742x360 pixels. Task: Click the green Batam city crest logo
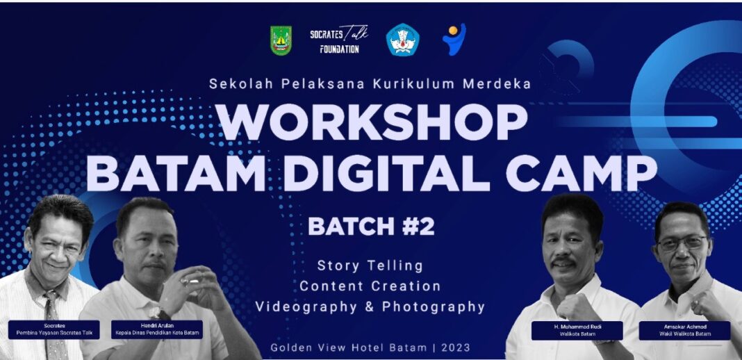[x=281, y=41]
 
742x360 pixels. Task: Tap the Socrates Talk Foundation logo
[x=339, y=39]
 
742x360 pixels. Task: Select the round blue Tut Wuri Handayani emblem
[x=402, y=40]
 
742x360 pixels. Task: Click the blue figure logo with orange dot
[x=454, y=39]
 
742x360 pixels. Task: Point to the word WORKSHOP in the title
[x=372, y=122]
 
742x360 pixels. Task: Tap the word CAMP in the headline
[x=582, y=173]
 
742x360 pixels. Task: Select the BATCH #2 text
[x=372, y=226]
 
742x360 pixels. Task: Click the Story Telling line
[x=370, y=266]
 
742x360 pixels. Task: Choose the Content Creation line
[x=370, y=286]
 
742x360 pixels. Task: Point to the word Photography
[x=434, y=307]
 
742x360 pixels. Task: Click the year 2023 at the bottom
[x=456, y=347]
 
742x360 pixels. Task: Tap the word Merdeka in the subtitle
[x=497, y=83]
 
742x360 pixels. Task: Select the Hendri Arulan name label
[x=157, y=329]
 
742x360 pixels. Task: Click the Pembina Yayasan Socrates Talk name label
[x=54, y=329]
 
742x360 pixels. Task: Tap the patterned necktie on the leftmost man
[x=54, y=327]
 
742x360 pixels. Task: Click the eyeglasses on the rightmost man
[x=682, y=244]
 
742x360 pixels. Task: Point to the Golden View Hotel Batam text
[x=349, y=347]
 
